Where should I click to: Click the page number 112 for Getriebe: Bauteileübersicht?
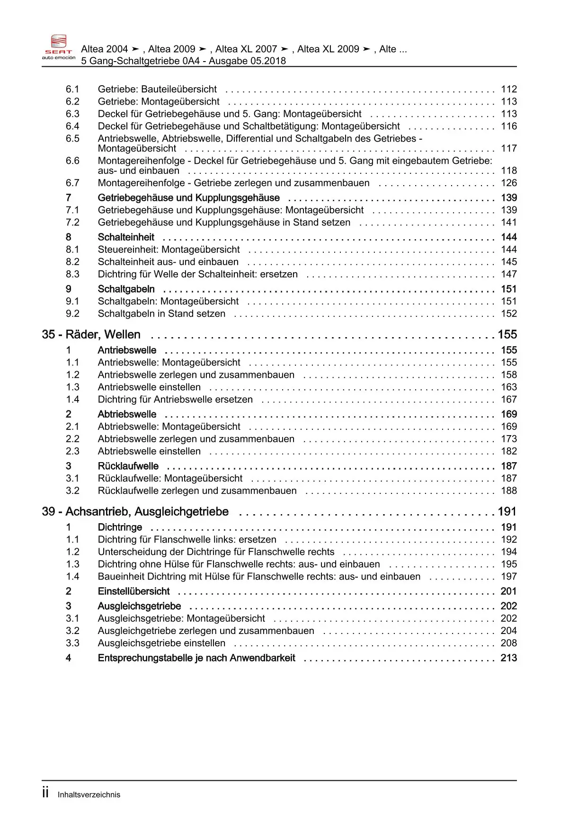point(509,89)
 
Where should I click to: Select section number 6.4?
point(72,126)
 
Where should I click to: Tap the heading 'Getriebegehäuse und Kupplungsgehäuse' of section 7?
point(188,197)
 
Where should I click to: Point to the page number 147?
point(509,274)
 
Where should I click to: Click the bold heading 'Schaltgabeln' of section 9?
point(126,289)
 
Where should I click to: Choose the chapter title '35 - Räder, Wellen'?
point(91,334)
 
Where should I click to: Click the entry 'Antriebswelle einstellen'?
point(149,387)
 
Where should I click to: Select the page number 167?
point(509,399)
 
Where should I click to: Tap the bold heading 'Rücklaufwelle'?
point(128,466)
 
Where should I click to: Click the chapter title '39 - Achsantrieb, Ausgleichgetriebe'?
point(135,511)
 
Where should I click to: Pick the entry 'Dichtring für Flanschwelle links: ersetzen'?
point(187,539)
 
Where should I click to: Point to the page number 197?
point(509,576)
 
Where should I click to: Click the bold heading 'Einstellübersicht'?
point(133,591)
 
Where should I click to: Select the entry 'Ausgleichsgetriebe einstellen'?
point(161,643)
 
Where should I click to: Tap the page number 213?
point(509,658)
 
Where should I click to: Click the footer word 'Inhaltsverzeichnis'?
point(89,795)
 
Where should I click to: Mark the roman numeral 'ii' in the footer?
point(45,793)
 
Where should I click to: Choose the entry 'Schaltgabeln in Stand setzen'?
point(161,313)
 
